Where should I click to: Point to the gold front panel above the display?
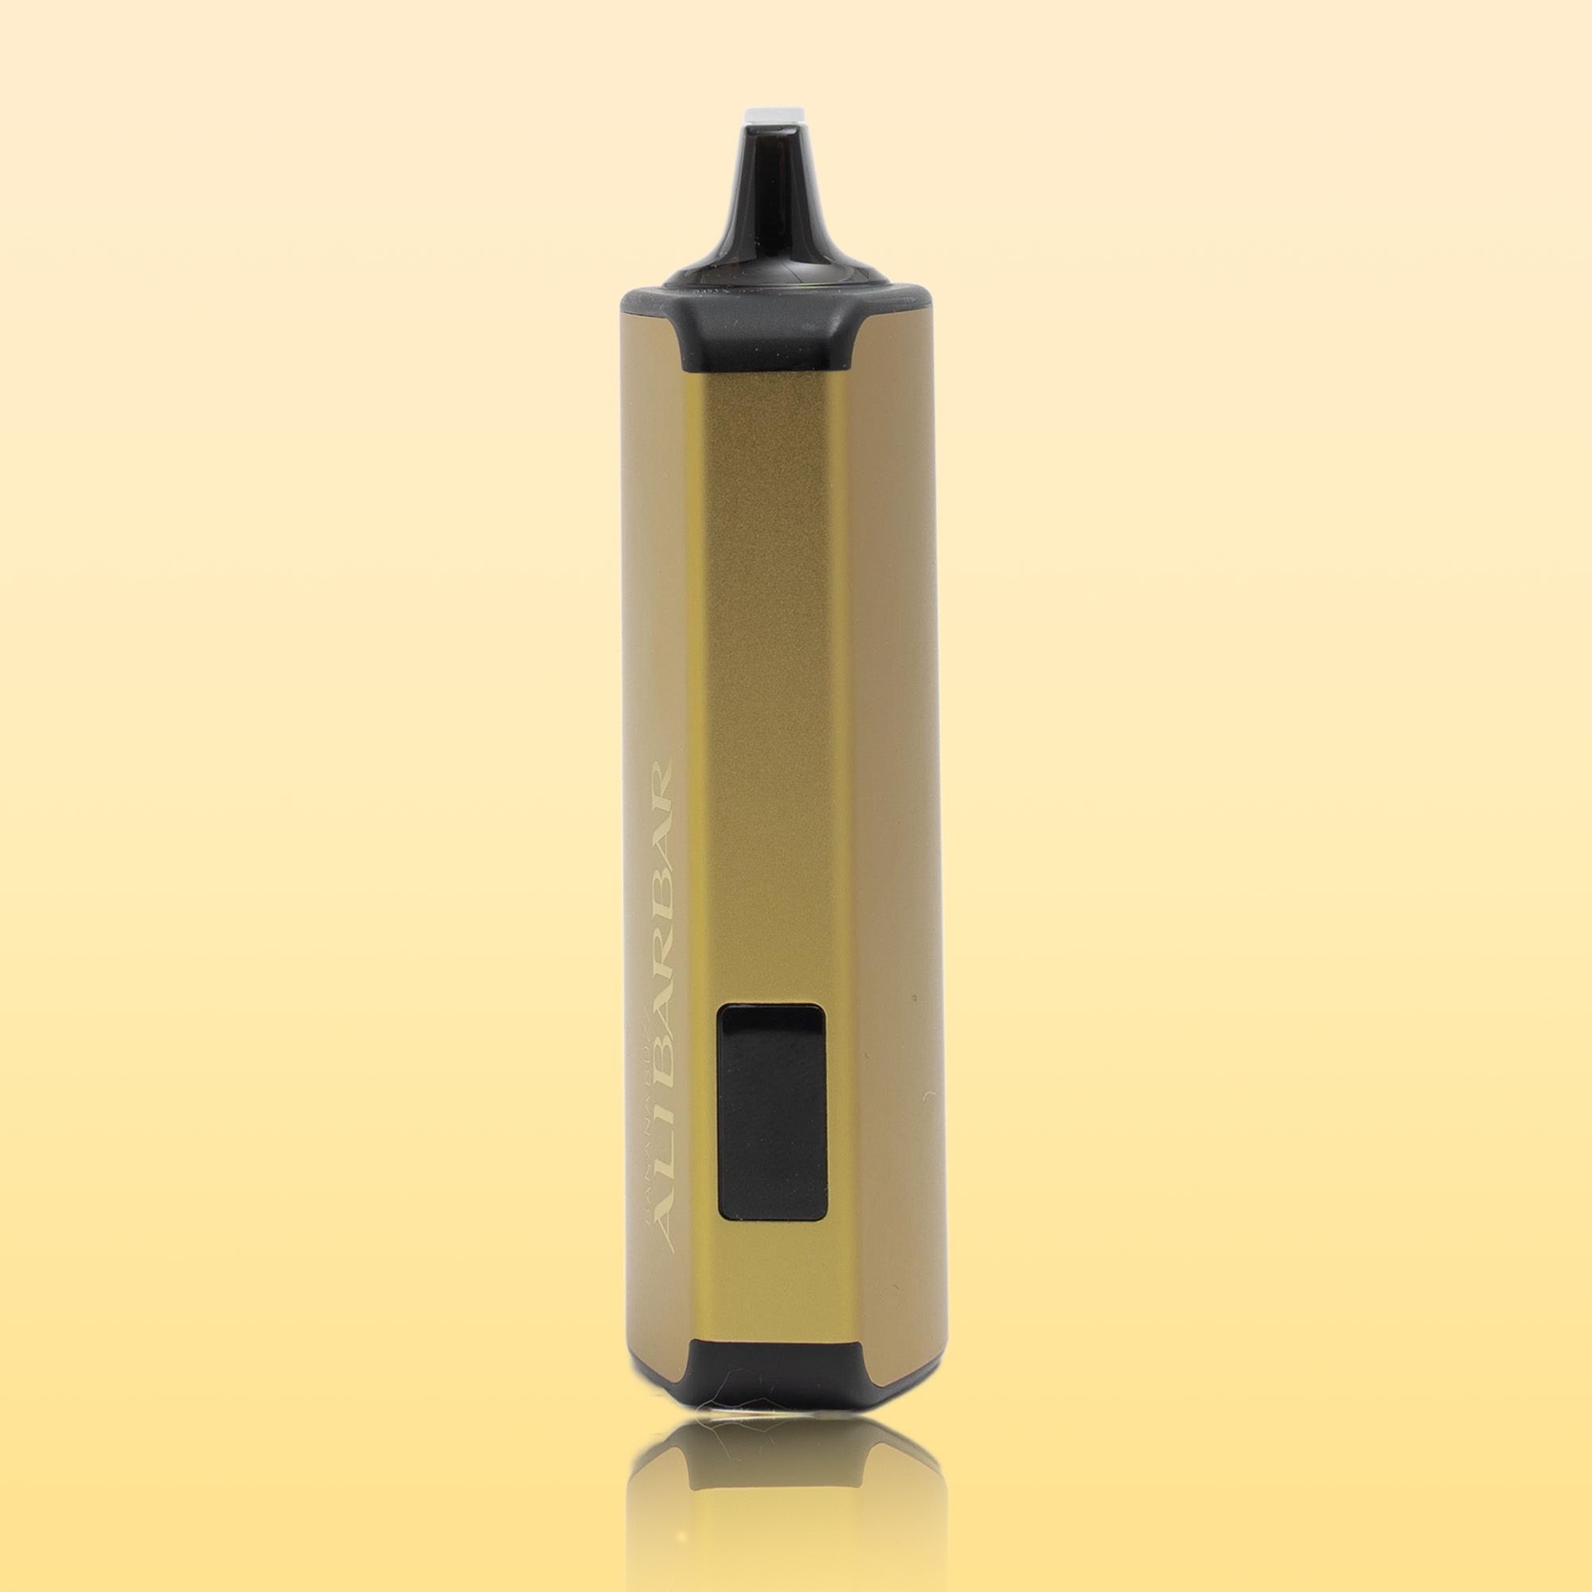tap(771, 659)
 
